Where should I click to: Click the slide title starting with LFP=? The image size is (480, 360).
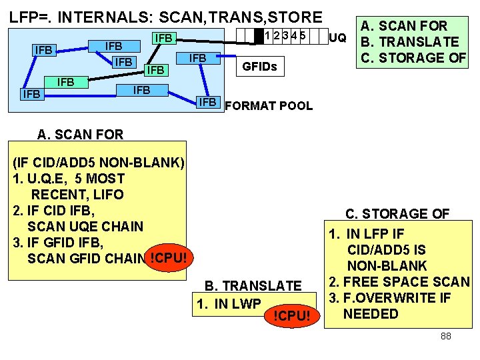coord(165,16)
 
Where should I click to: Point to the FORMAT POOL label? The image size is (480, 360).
coord(269,105)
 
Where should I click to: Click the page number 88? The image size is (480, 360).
coord(445,336)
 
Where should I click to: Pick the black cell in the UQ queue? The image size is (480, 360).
coord(259,35)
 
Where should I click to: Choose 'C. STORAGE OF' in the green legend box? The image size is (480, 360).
coord(413,57)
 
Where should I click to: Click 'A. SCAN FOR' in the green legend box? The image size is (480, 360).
coord(404,27)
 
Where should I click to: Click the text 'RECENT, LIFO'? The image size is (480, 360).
coord(77,195)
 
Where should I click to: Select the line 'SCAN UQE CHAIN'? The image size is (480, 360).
coord(85,226)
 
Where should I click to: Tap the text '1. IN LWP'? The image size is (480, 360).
coord(229,304)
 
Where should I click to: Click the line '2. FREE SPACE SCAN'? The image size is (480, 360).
coord(399,282)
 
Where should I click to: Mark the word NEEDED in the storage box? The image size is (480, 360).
coord(371,314)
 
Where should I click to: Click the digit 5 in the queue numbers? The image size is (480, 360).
coord(303,35)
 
